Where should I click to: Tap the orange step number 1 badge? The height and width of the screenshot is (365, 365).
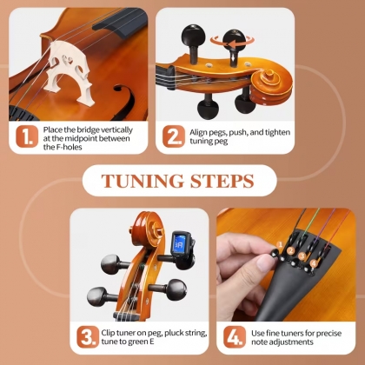pos(27,136)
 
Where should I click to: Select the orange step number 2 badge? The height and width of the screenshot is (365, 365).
pos(174,136)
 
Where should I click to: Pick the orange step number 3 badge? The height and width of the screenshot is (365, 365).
pos(88,337)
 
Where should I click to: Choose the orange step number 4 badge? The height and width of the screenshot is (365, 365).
pos(235,337)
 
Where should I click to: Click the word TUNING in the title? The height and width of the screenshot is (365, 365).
pos(143,181)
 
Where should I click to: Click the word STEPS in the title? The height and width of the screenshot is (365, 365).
pos(222,181)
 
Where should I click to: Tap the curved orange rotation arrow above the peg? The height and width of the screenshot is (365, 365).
pos(232,43)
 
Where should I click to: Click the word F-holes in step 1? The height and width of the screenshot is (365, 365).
pos(63,147)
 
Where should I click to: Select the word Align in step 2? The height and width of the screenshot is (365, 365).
pos(199,133)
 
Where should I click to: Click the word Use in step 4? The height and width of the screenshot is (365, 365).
pos(257,334)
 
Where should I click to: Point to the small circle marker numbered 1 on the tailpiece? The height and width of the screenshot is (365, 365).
pos(280,245)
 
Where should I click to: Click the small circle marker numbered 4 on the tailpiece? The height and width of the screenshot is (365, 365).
pos(314,263)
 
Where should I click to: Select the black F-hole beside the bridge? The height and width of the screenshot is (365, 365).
pos(124,102)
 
